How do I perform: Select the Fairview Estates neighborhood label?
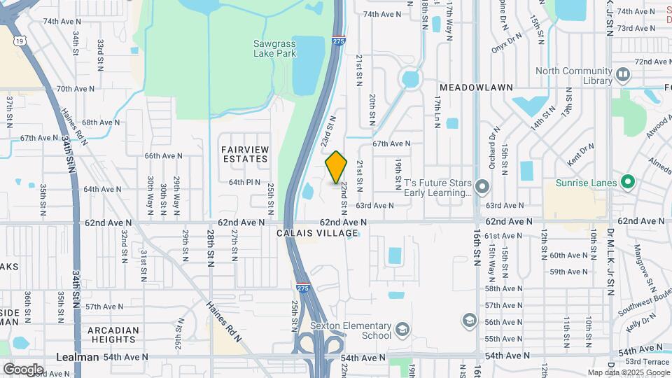pyautogui.click(x=245, y=154)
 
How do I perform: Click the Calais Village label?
pyautogui.click(x=312, y=233)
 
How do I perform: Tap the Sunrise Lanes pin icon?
pyautogui.click(x=628, y=183)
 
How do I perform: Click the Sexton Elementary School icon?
pyautogui.click(x=402, y=328)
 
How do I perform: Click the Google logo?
pyautogui.click(x=23, y=369)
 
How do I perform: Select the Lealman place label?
pyautogui.click(x=77, y=357)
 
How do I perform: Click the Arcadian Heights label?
pyautogui.click(x=112, y=335)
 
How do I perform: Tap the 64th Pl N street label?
pyautogui.click(x=244, y=182)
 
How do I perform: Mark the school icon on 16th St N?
pyautogui.click(x=468, y=321)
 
